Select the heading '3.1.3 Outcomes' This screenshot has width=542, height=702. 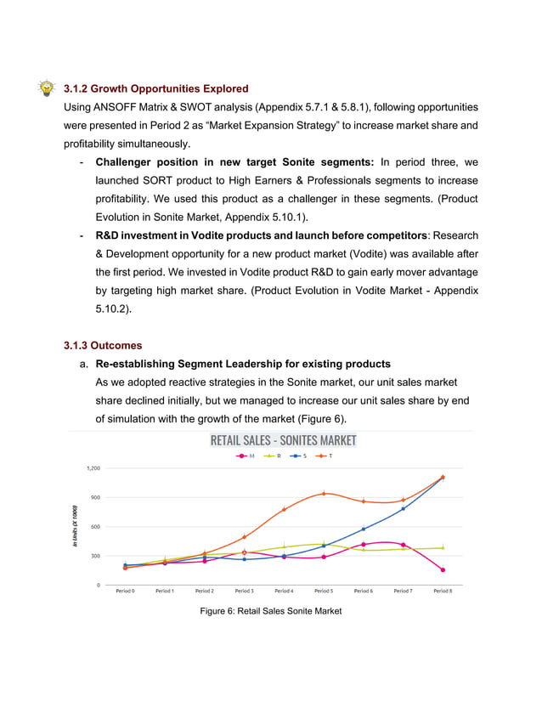coord(103,346)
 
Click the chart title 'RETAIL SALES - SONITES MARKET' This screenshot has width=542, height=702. coord(283,440)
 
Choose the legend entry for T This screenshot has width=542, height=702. coord(325,456)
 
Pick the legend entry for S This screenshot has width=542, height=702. coord(300,456)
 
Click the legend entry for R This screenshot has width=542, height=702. coord(274,456)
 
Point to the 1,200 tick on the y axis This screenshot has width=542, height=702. coord(93,468)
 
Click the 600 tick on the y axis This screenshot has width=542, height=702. coord(95,527)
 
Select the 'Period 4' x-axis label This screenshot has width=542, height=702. coord(284,591)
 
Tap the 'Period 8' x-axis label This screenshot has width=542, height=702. coord(442,591)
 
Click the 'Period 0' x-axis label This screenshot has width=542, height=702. coord(125,591)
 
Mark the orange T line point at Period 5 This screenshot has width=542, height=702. coord(324,493)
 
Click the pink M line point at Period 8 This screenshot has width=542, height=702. coord(443,570)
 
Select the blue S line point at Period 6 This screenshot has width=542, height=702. coord(364,529)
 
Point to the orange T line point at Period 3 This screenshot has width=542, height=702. coord(244,537)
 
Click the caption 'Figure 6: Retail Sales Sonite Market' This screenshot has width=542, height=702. coord(270,610)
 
